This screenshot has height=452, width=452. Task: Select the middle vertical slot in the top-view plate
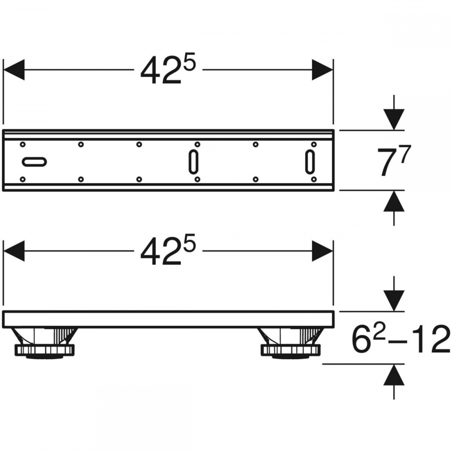tap(193, 162)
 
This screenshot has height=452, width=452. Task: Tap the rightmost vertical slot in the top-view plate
tap(310, 162)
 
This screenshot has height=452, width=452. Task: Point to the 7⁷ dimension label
tap(394, 160)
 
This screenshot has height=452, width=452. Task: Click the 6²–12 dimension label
tap(400, 339)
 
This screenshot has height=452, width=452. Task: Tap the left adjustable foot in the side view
tap(44, 344)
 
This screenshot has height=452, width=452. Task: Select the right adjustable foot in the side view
tap(291, 344)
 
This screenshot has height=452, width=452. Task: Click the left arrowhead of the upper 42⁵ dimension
tap(14, 70)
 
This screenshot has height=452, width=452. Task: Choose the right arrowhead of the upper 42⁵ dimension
tap(322, 70)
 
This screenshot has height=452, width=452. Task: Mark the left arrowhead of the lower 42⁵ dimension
tap(14, 251)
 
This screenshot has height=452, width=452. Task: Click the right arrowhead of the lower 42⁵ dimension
tap(322, 251)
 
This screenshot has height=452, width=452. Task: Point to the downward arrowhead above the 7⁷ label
tap(394, 119)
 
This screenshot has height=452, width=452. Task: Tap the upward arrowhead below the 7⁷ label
tap(394, 201)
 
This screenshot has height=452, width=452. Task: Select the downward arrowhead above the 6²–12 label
tap(394, 301)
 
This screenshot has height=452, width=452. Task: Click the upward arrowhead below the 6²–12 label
tap(394, 375)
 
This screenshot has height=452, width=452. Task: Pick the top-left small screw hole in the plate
tap(23, 144)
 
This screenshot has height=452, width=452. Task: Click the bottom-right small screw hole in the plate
tap(314, 179)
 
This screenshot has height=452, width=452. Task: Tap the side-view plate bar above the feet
tap(168, 320)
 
